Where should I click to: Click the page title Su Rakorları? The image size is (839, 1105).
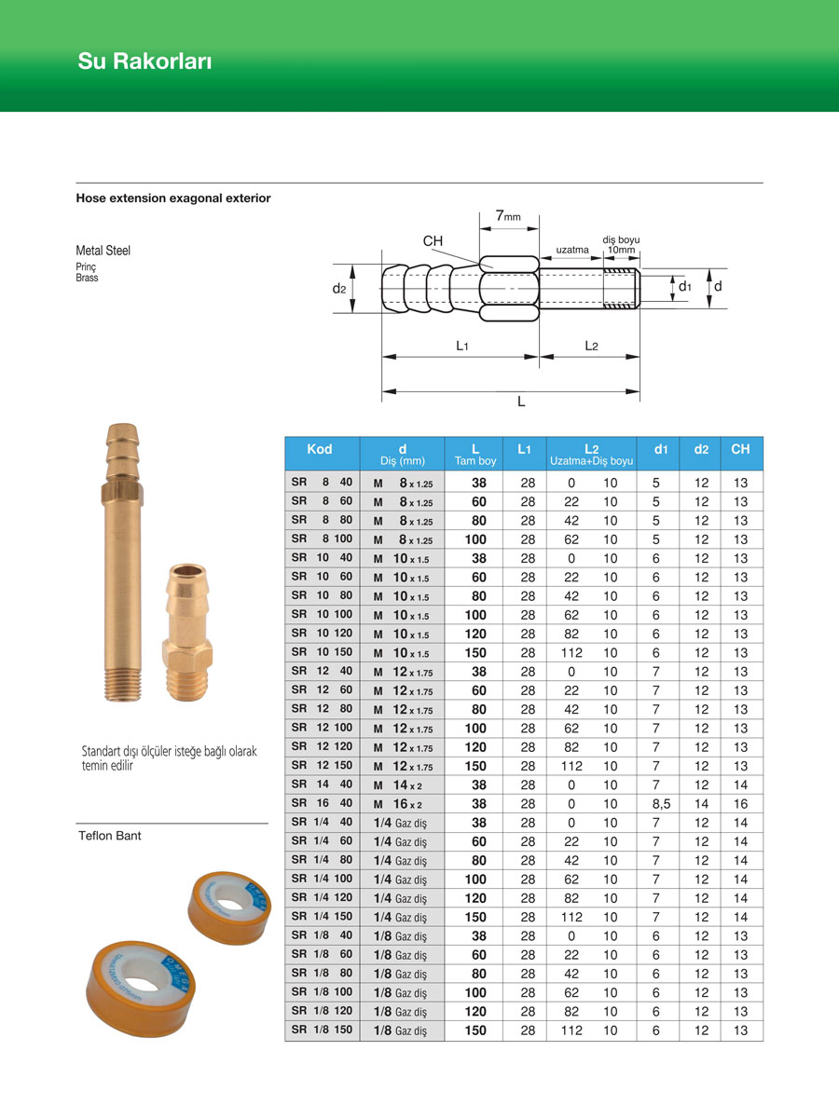[x=145, y=62]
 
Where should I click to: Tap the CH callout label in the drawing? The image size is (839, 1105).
[x=433, y=241]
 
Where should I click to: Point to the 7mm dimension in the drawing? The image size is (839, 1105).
[x=507, y=216]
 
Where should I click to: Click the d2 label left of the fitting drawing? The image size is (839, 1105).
[x=339, y=289]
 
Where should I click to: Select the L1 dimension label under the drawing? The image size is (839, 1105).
[x=462, y=346]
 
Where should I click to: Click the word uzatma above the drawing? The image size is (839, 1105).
[x=572, y=251]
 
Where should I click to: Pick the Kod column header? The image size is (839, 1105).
[x=320, y=449]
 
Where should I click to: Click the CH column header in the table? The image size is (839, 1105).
[x=740, y=449]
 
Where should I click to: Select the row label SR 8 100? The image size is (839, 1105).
[x=322, y=539]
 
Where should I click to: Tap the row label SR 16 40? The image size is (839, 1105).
[x=322, y=803]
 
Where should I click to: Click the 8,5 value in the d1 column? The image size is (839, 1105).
[x=660, y=804]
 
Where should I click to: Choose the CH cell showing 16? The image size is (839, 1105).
[x=741, y=804]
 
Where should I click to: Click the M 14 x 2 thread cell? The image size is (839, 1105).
[x=398, y=784]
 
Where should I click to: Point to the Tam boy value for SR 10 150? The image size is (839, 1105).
[x=475, y=652]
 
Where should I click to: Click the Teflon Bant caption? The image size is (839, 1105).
[x=108, y=836]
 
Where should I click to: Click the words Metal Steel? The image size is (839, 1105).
[x=103, y=251]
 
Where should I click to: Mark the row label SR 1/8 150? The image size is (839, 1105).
[x=322, y=1030]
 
